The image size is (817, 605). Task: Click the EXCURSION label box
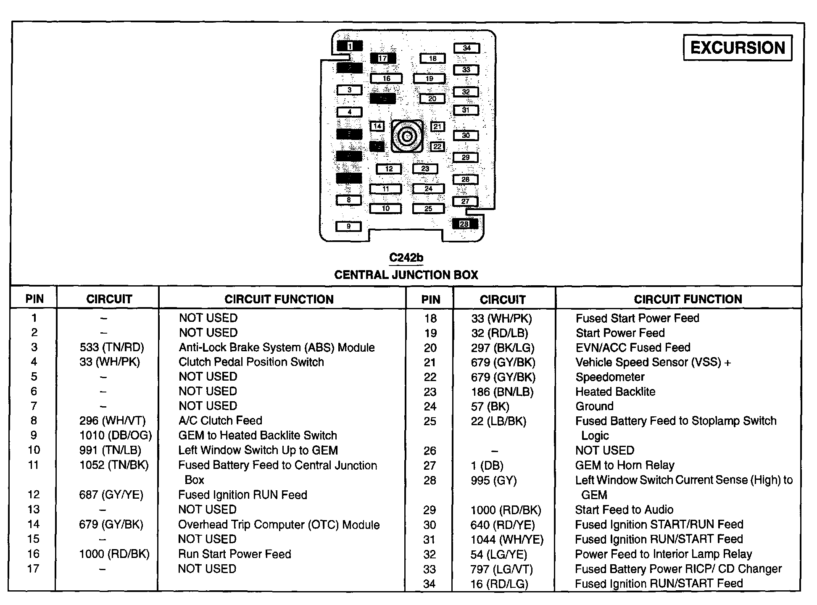click(738, 48)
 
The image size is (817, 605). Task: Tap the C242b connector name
click(406, 258)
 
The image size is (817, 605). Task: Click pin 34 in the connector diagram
click(466, 48)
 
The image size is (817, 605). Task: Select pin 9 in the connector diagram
click(348, 226)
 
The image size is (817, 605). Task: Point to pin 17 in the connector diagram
click(382, 58)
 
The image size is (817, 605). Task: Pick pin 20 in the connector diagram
click(432, 99)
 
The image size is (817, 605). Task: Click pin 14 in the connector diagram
click(377, 126)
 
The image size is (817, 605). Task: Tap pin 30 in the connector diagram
click(466, 135)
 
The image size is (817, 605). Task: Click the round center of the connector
click(407, 136)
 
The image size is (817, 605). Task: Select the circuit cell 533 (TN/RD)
click(112, 347)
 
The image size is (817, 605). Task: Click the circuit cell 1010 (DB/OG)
click(116, 435)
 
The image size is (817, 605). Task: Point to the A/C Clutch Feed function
click(220, 421)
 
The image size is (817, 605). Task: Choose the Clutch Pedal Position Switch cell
click(251, 362)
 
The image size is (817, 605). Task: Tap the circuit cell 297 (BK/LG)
click(503, 348)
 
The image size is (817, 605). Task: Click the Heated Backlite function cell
click(615, 392)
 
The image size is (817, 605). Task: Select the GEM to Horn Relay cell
click(625, 465)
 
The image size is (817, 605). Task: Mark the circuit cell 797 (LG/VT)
click(502, 569)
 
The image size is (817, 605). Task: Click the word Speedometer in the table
click(610, 377)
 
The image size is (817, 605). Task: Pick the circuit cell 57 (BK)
click(490, 406)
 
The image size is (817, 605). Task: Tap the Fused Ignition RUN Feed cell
click(242, 495)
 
